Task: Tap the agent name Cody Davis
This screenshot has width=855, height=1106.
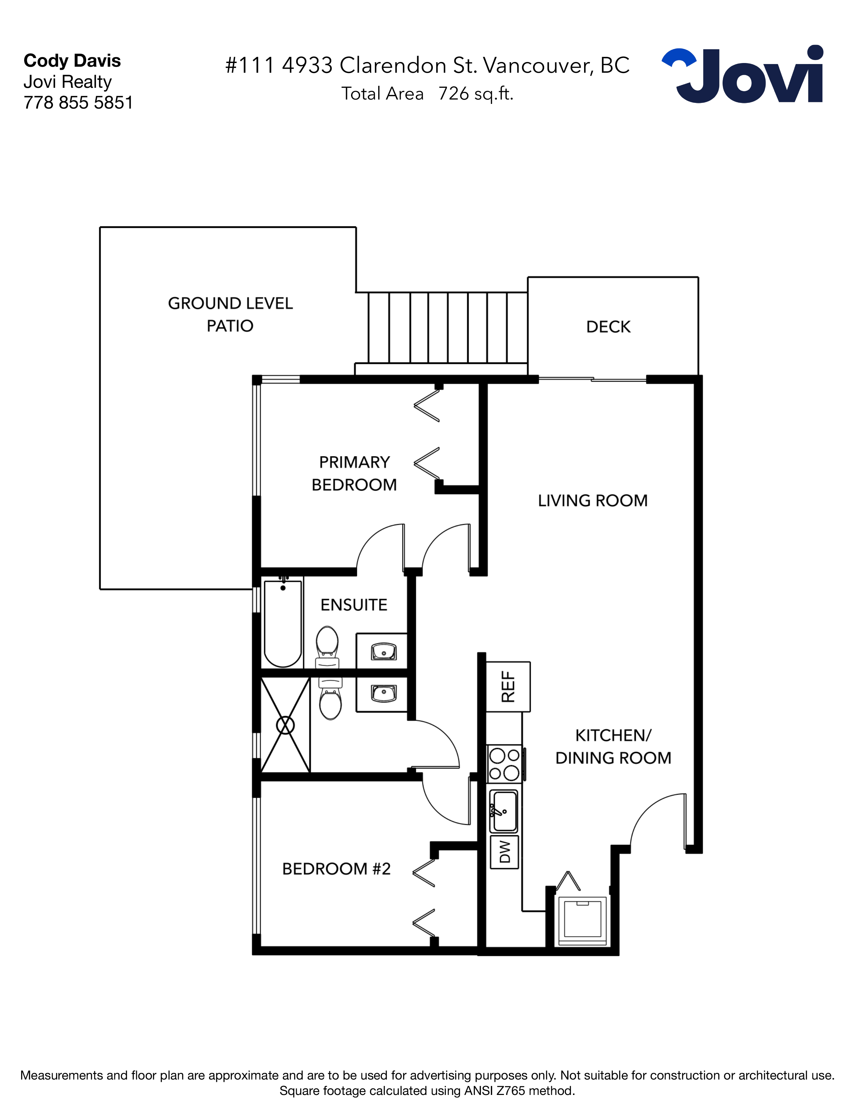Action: pyautogui.click(x=72, y=61)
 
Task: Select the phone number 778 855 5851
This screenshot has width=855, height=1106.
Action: pyautogui.click(x=78, y=103)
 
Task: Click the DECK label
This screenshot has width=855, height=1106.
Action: pyautogui.click(x=608, y=327)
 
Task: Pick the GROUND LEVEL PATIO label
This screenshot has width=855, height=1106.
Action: pyautogui.click(x=230, y=314)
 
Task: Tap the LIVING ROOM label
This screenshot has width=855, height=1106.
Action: pyautogui.click(x=592, y=501)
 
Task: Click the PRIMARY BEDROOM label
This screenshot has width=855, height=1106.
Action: pyautogui.click(x=354, y=474)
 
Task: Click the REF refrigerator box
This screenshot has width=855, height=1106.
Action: pyautogui.click(x=508, y=687)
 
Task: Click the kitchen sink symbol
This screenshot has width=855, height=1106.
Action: pyautogui.click(x=504, y=812)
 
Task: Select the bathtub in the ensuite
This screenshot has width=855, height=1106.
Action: pyautogui.click(x=283, y=624)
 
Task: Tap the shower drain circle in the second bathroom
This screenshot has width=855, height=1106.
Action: pyautogui.click(x=285, y=725)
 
